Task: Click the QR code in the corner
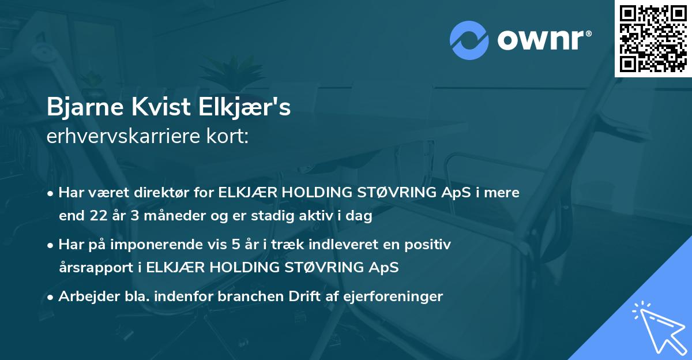click(653, 38)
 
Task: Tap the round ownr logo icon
click(469, 40)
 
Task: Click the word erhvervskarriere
click(122, 137)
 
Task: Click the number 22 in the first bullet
click(97, 217)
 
